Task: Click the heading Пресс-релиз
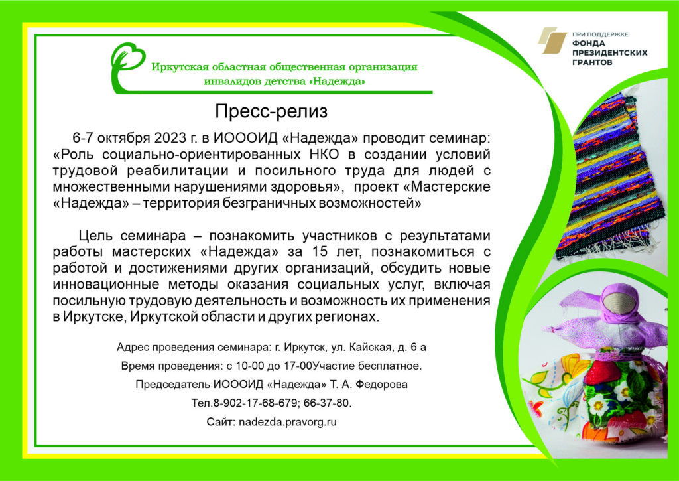271,112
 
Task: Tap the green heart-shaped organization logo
127,65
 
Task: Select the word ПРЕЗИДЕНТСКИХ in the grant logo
610,53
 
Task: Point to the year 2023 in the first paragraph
170,138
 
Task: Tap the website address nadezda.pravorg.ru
288,422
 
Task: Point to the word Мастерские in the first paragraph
450,187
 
